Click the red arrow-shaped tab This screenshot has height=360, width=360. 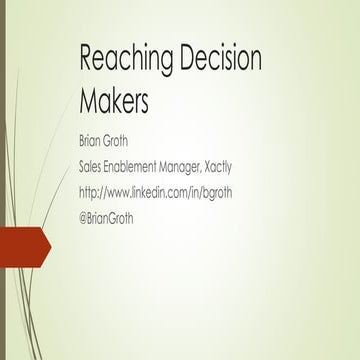point(23,246)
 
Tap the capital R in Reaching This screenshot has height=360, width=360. point(86,59)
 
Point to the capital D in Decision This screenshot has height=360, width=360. point(191,59)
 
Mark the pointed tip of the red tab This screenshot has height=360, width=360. point(49,246)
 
